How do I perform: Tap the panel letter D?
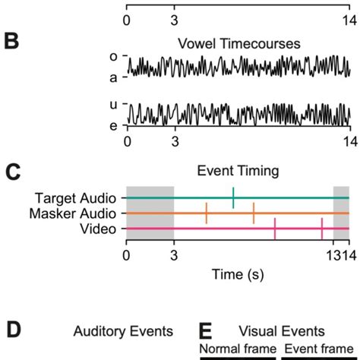point(11,331)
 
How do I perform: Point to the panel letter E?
point(205,332)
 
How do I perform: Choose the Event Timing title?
point(237,172)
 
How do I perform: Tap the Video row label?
point(99,228)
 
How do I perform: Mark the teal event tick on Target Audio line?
point(233,197)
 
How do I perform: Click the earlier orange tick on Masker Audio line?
point(206,213)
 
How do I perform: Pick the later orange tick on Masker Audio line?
point(254,213)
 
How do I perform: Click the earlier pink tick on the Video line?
point(275,228)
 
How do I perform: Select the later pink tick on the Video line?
point(322,228)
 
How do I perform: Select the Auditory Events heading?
point(123,332)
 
